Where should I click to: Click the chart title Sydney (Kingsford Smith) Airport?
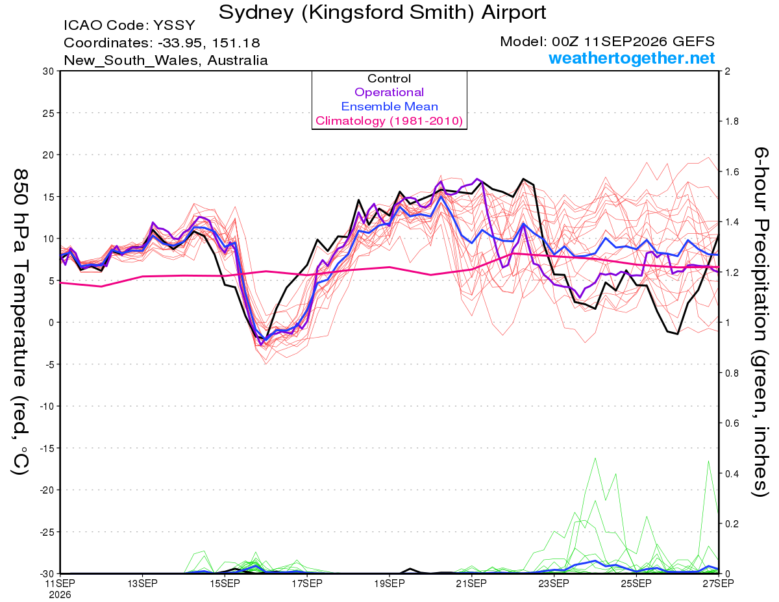[x=382, y=12]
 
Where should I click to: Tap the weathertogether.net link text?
[x=632, y=58]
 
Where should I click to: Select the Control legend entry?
[x=389, y=79]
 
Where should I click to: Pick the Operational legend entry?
[x=389, y=92]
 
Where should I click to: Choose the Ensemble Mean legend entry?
[x=389, y=107]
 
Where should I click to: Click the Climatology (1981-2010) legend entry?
[x=389, y=121]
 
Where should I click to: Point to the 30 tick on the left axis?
[x=49, y=71]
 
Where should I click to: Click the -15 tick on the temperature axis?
[x=47, y=448]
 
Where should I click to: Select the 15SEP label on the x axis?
[x=225, y=583]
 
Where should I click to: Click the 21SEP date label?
[x=471, y=583]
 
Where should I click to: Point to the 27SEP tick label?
[x=718, y=583]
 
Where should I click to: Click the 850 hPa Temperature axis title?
[x=20, y=322]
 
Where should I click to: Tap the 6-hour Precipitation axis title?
[x=760, y=322]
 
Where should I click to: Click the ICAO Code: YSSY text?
[x=129, y=25]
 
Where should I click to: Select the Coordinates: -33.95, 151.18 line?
[x=162, y=43]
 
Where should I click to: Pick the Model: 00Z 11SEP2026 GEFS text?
[x=607, y=42]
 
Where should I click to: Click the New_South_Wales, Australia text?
[x=166, y=60]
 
